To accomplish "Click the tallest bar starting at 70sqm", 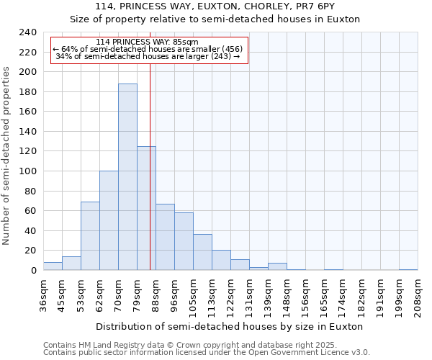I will [127, 177].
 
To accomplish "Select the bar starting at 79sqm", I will [146, 208].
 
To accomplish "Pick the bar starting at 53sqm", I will [90, 236].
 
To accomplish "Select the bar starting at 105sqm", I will [202, 252].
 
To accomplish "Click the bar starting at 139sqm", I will [277, 266].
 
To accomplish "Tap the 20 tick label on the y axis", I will [30, 251].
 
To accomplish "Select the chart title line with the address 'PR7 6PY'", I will [215, 6].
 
